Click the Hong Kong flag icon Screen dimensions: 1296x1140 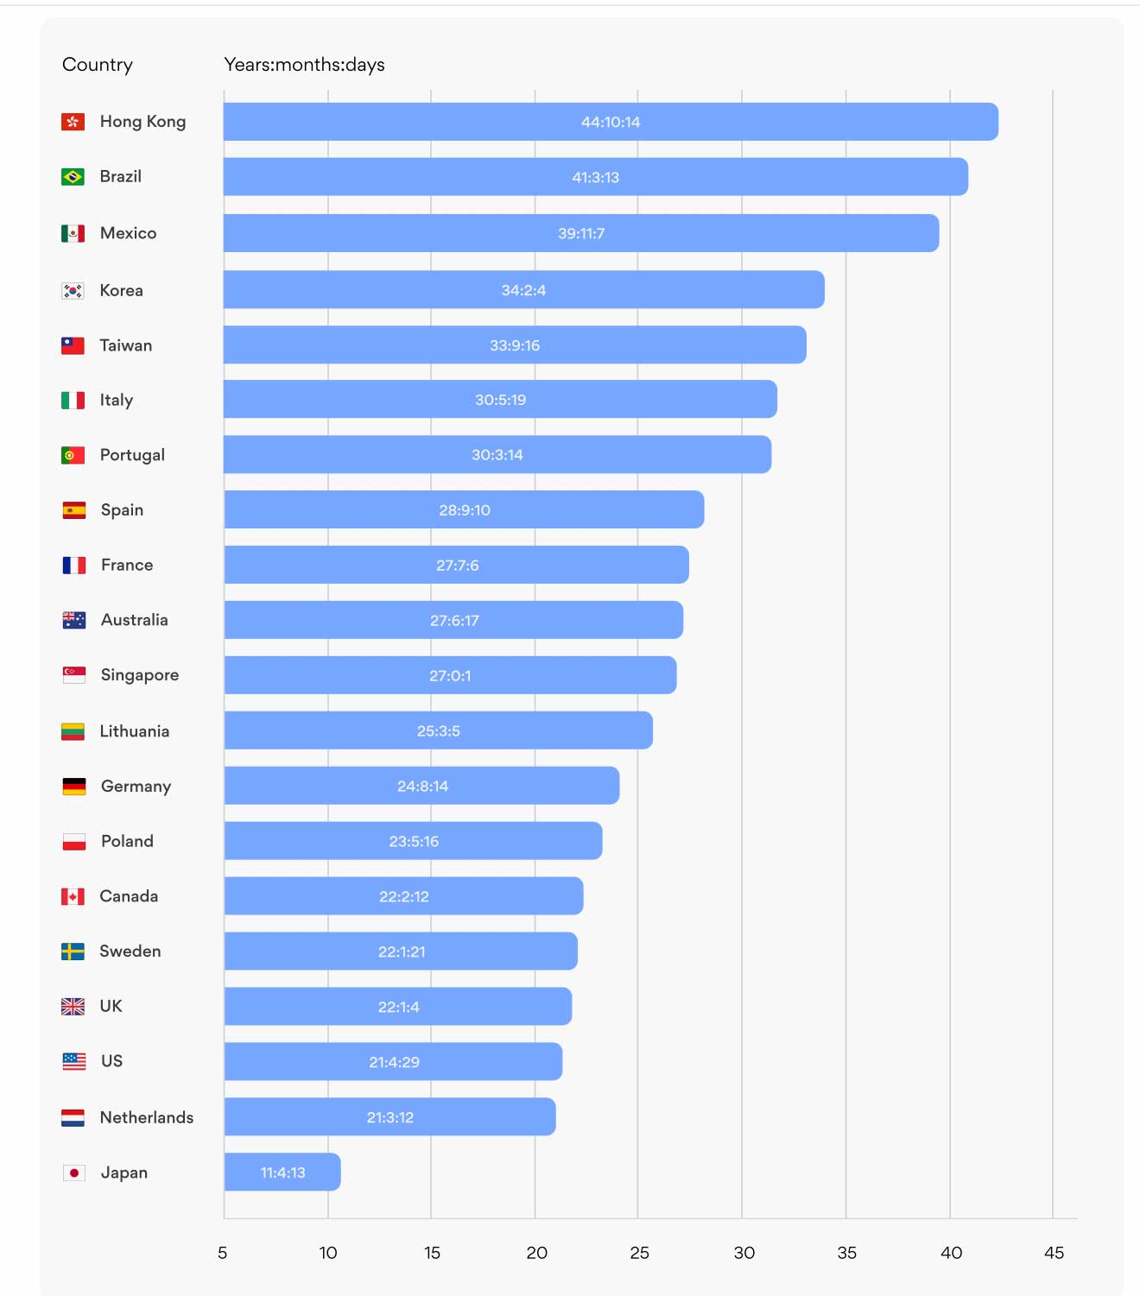(x=73, y=122)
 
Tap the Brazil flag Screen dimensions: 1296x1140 (x=73, y=177)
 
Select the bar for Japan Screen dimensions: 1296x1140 (x=282, y=1172)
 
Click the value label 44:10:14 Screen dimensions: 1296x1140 (x=611, y=123)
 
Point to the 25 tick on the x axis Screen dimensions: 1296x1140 (x=639, y=1253)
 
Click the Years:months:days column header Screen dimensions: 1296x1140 (x=304, y=65)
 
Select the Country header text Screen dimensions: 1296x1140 (x=98, y=65)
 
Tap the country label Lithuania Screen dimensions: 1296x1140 (x=134, y=731)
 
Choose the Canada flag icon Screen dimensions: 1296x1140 (x=73, y=896)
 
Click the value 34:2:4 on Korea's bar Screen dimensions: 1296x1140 (x=523, y=290)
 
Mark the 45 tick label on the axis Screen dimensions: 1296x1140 (x=1054, y=1253)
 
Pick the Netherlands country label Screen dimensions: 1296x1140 (x=146, y=1117)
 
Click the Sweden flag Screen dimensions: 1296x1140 (x=73, y=951)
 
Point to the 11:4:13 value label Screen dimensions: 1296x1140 (x=282, y=1173)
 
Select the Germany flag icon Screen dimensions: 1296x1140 (x=73, y=787)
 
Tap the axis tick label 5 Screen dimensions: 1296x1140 (x=223, y=1253)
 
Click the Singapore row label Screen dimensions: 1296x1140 (x=139, y=675)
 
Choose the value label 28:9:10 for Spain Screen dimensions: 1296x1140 (x=464, y=510)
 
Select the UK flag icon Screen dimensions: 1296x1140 (x=73, y=1007)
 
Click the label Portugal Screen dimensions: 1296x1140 (x=131, y=455)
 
